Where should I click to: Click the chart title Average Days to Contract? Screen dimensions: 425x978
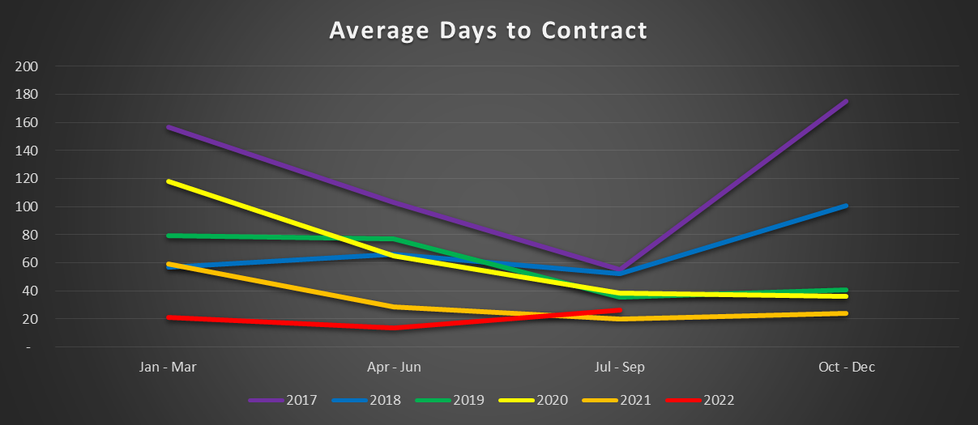[489, 31]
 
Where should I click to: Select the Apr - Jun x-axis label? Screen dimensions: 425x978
[395, 368]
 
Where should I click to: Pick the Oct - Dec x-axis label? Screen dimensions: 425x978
[846, 368]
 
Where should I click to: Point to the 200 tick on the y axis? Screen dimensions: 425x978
[27, 66]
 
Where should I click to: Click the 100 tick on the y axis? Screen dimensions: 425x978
[27, 206]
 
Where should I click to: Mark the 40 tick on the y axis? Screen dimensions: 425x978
[30, 291]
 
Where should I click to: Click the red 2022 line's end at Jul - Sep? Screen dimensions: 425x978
[620, 310]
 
